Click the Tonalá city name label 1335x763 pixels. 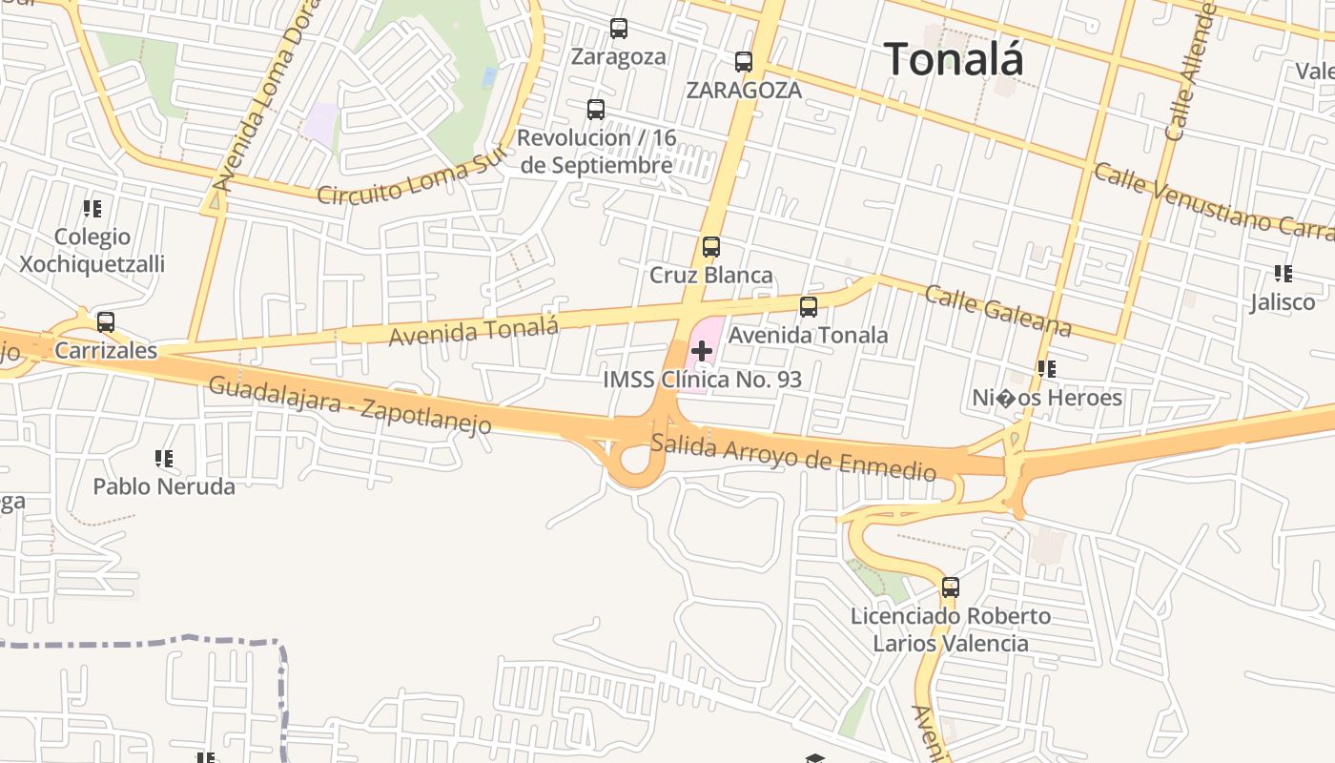954,59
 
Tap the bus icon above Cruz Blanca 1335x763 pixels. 710,247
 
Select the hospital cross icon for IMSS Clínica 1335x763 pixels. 702,351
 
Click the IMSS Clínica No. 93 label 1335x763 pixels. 702,380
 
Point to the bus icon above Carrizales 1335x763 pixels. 106,322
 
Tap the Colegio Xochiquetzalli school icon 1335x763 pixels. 92,208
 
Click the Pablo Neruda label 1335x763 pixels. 164,486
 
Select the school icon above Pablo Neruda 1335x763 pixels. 164,459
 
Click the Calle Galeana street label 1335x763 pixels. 997,311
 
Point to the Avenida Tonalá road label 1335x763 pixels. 473,331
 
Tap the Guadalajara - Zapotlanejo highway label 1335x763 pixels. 350,405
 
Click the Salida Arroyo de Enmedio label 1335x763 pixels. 793,457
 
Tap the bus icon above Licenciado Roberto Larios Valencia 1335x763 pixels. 951,588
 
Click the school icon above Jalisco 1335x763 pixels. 1284,274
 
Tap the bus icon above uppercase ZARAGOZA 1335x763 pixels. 744,62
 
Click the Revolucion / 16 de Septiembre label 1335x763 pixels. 597,152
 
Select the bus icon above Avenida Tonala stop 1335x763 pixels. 809,307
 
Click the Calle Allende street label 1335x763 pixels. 1191,72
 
